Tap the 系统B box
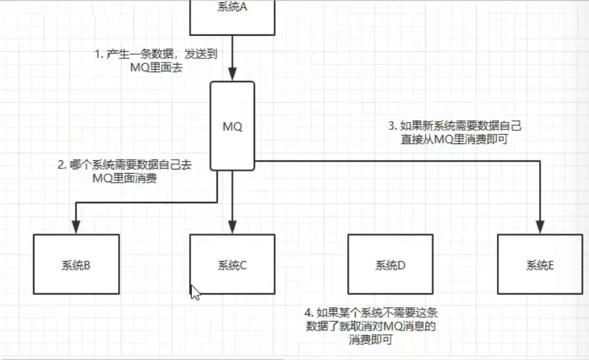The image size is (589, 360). click(75, 264)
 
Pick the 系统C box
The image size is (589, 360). click(231, 264)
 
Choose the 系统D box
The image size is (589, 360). click(390, 264)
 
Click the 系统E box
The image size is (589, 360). click(541, 264)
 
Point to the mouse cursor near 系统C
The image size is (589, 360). click(195, 292)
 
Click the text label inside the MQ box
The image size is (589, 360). click(232, 127)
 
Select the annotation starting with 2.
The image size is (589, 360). click(125, 172)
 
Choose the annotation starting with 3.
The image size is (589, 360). click(455, 132)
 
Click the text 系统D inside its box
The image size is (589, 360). click(390, 265)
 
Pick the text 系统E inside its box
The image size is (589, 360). click(541, 265)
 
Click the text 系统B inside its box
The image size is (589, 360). click(75, 265)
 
